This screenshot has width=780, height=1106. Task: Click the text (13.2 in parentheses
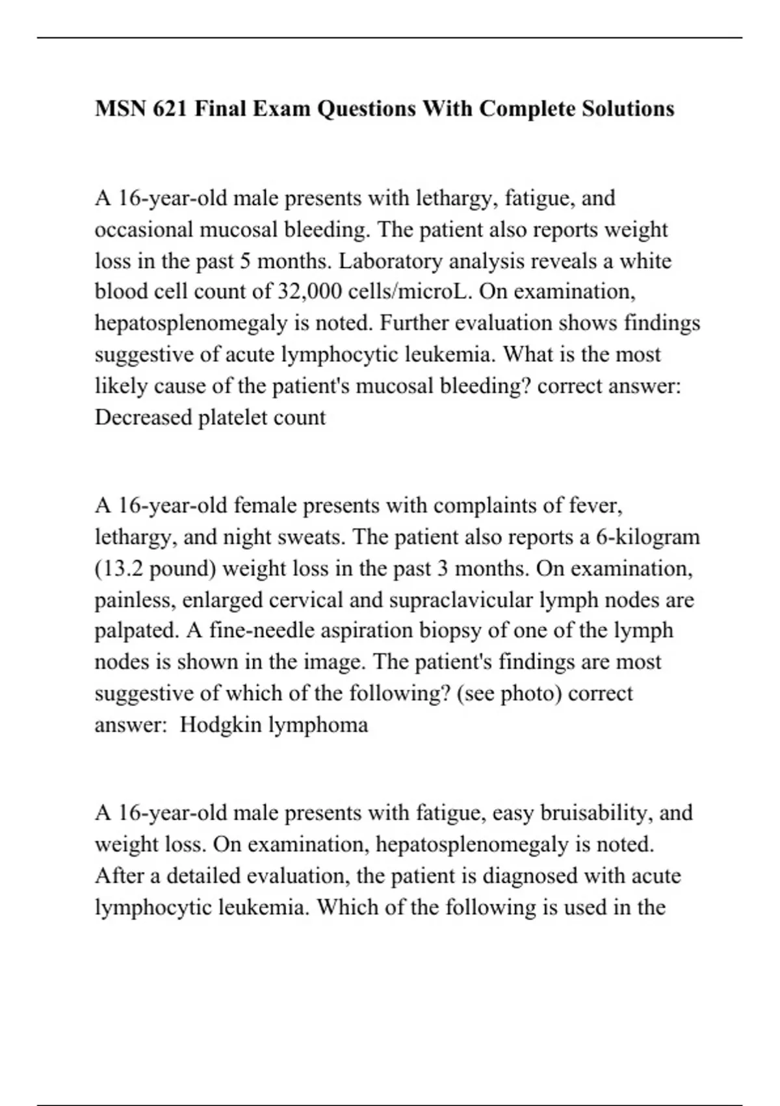[x=119, y=569]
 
